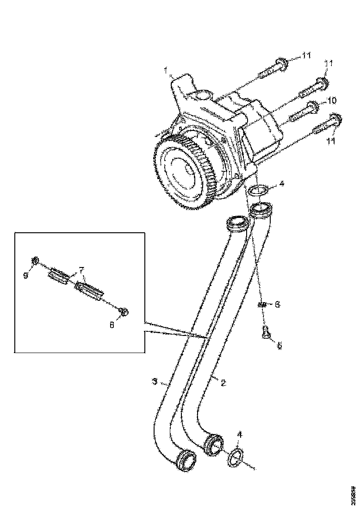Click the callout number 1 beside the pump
165,70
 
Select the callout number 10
332,100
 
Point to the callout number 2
223,383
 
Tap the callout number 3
155,382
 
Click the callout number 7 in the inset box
81,269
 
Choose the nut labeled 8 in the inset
124,312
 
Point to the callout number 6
277,304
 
